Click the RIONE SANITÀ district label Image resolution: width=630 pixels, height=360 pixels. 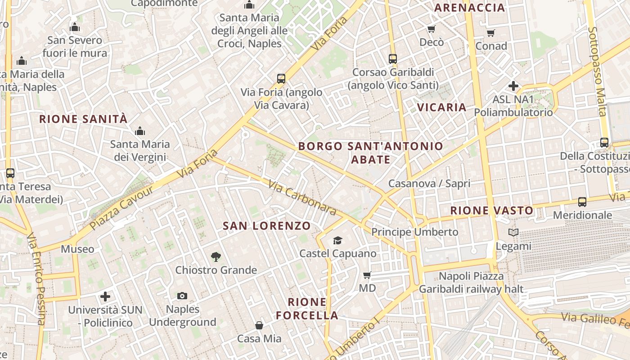pos(83,119)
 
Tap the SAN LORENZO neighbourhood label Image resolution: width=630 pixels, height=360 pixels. pos(267,226)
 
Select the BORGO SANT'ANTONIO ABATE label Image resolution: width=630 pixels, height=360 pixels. pos(370,153)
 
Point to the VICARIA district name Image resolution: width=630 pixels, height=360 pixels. pos(441,107)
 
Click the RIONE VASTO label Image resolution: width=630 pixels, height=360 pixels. pos(492,210)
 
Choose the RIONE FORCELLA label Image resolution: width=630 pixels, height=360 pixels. pos(307,308)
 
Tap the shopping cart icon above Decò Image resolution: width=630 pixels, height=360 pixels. pos(431,29)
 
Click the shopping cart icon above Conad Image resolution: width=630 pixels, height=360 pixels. pos(490,33)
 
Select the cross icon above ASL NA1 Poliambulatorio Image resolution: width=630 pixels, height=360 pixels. pos(513,85)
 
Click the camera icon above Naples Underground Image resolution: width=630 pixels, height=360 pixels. pos(182,296)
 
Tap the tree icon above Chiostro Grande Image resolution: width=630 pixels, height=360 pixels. pos(216,257)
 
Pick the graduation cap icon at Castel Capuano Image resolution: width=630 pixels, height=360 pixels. pos(337,240)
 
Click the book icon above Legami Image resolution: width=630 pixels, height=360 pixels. pos(513,233)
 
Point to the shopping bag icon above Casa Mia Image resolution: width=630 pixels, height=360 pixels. pos(259,325)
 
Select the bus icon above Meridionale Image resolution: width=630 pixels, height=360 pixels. pos(582,202)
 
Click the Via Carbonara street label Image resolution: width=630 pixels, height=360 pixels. pos(302,198)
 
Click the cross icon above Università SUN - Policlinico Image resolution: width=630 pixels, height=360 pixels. pos(105,297)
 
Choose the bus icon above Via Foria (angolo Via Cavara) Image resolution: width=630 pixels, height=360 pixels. pos(281,79)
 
